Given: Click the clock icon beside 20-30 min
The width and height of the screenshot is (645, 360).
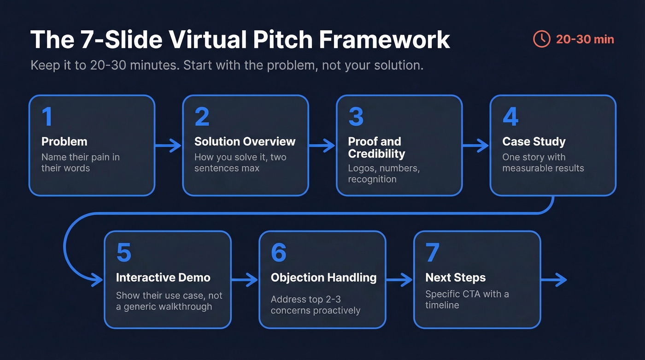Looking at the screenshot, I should (542, 39).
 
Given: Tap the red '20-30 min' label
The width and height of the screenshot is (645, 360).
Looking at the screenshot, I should (585, 39).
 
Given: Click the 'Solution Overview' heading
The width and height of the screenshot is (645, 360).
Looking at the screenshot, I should (245, 142).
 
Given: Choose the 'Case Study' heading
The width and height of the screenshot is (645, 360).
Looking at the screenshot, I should (534, 142).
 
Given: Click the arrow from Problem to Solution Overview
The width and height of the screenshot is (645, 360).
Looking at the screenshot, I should (168, 147).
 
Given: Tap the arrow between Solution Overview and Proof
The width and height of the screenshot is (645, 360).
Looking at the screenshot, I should (322, 147).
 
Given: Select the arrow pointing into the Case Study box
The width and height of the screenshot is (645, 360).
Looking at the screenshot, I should (475, 147).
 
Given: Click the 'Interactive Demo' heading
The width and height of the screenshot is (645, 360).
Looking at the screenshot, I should (163, 277).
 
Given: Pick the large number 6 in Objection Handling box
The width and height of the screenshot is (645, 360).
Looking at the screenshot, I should (279, 253).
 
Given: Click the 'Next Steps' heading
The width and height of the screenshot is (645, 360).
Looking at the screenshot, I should (455, 277).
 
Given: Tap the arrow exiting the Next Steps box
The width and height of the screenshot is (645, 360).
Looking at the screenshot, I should (553, 279).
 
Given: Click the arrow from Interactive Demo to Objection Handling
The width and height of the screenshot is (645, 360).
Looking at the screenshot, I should (245, 279).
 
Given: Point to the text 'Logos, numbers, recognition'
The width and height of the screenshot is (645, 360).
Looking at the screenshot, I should (383, 173).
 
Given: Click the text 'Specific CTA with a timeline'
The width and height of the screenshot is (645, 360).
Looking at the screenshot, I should (467, 299).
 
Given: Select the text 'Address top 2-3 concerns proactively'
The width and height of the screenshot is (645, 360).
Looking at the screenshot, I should (316, 305).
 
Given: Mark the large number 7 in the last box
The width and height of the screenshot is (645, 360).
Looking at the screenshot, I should (433, 253).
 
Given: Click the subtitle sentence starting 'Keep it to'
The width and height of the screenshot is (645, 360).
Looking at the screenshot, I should (227, 65).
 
